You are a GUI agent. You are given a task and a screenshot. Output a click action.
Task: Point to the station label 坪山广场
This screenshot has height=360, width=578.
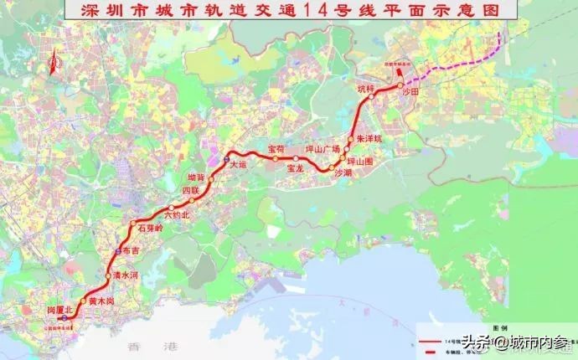tap(323, 149)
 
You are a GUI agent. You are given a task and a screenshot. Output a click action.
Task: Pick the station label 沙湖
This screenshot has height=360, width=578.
tap(343, 173)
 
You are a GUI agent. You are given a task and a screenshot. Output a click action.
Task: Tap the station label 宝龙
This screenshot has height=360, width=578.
tap(295, 168)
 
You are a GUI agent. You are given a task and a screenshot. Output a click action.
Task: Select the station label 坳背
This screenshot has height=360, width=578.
tap(195, 177)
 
